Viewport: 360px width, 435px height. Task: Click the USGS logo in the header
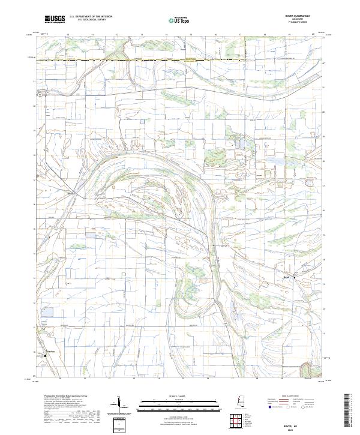click(55, 19)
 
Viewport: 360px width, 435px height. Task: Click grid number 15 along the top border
click(190, 35)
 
